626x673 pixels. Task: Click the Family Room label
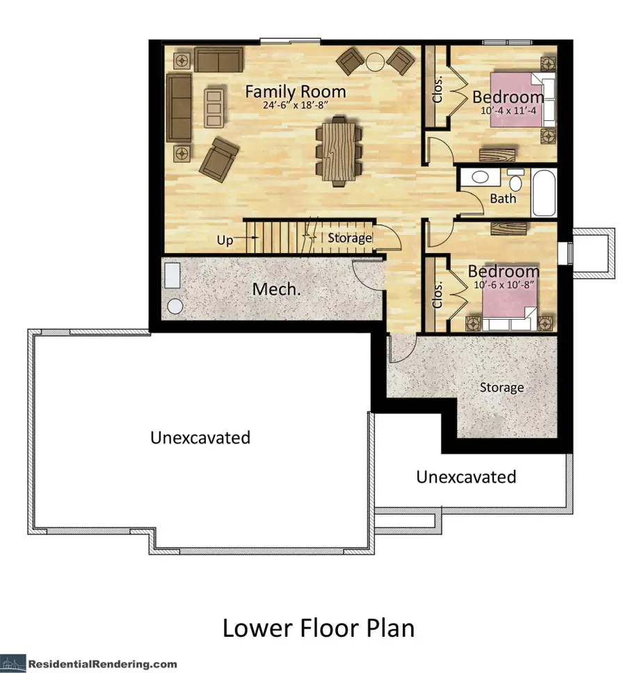pos(295,91)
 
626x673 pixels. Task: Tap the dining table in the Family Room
pos(338,152)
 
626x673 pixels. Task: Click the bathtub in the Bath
pos(544,193)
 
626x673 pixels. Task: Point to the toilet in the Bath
pos(515,181)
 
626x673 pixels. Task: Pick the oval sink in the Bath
pos(480,177)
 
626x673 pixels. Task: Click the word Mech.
pos(276,289)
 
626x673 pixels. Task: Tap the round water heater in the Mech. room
pos(175,305)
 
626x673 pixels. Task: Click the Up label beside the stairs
pos(225,240)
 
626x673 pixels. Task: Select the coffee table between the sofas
pos(214,107)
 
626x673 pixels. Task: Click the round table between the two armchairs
pos(376,61)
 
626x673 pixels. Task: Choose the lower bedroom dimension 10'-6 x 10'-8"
pos(504,284)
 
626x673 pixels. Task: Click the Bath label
pos(503,198)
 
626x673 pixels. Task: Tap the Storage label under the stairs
pos(350,238)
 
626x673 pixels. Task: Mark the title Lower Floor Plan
pos(318,628)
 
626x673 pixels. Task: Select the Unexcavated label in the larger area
pos(200,437)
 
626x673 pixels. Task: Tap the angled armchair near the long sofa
pos(219,156)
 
